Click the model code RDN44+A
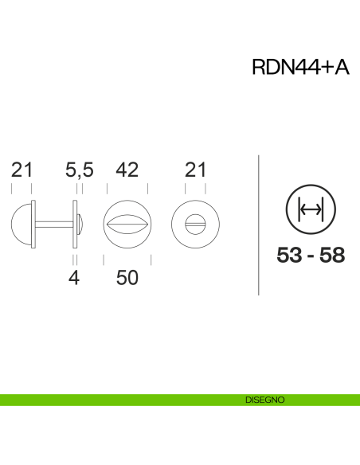pyautogui.click(x=299, y=68)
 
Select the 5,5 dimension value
pyautogui.click(x=80, y=169)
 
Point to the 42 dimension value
pyautogui.click(x=127, y=169)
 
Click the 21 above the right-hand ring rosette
pyautogui.click(x=196, y=169)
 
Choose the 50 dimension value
pyautogui.click(x=127, y=279)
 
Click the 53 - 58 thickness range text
pyautogui.click(x=311, y=256)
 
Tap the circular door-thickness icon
pyautogui.click(x=309, y=210)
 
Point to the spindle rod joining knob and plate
pyautogui.click(x=53, y=223)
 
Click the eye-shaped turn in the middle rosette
pyautogui.click(x=127, y=223)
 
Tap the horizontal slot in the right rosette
pyautogui.click(x=196, y=223)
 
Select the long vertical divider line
pyautogui.click(x=260, y=225)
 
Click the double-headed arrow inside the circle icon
pyautogui.click(x=309, y=210)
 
